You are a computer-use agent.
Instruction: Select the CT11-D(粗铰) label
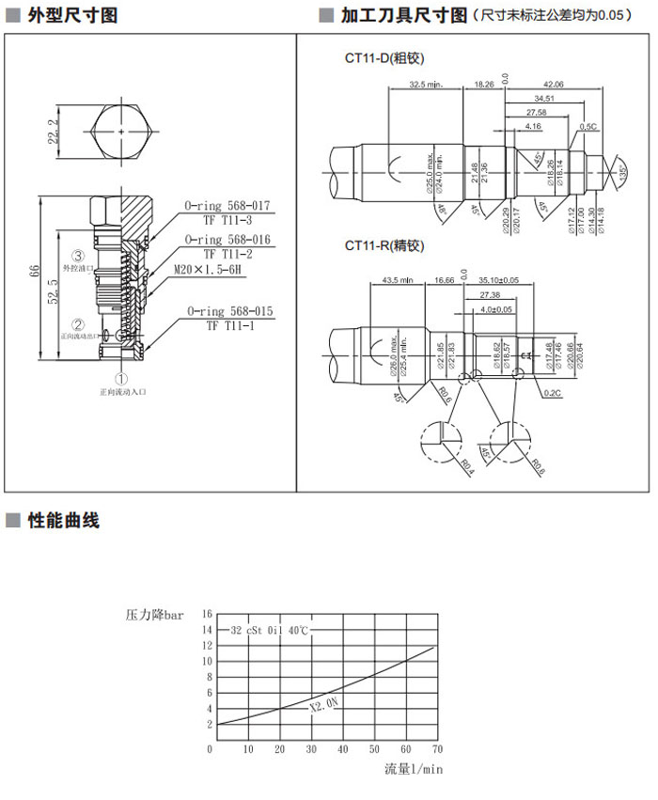(384, 58)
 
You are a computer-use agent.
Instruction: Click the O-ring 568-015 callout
(227, 311)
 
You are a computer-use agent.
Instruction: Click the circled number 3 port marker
(79, 256)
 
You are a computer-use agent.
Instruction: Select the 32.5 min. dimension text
(426, 85)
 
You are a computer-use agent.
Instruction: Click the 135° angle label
(622, 172)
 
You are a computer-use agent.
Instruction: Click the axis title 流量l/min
(413, 769)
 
